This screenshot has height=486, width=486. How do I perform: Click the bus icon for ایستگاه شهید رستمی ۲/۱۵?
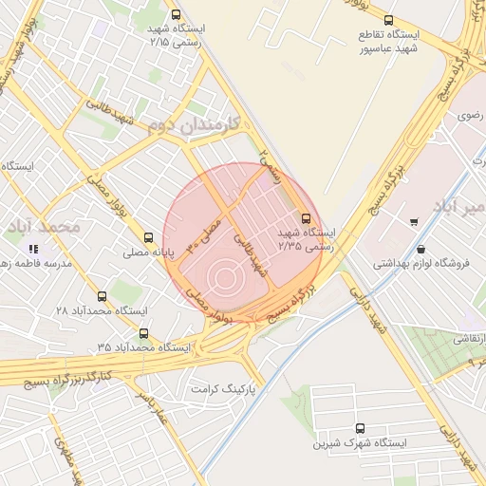(x=176, y=14)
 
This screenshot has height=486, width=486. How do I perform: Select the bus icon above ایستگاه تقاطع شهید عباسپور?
(x=387, y=20)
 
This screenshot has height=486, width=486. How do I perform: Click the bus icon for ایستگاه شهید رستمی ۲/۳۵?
(x=305, y=216)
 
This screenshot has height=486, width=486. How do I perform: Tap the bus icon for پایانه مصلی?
(x=147, y=238)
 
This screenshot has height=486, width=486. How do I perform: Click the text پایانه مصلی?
(x=146, y=254)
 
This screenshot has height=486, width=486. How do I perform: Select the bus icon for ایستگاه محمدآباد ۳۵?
(x=144, y=333)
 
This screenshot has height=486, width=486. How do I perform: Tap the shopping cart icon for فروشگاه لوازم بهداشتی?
(x=415, y=222)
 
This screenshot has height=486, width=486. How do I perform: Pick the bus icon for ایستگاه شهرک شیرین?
(x=359, y=428)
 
